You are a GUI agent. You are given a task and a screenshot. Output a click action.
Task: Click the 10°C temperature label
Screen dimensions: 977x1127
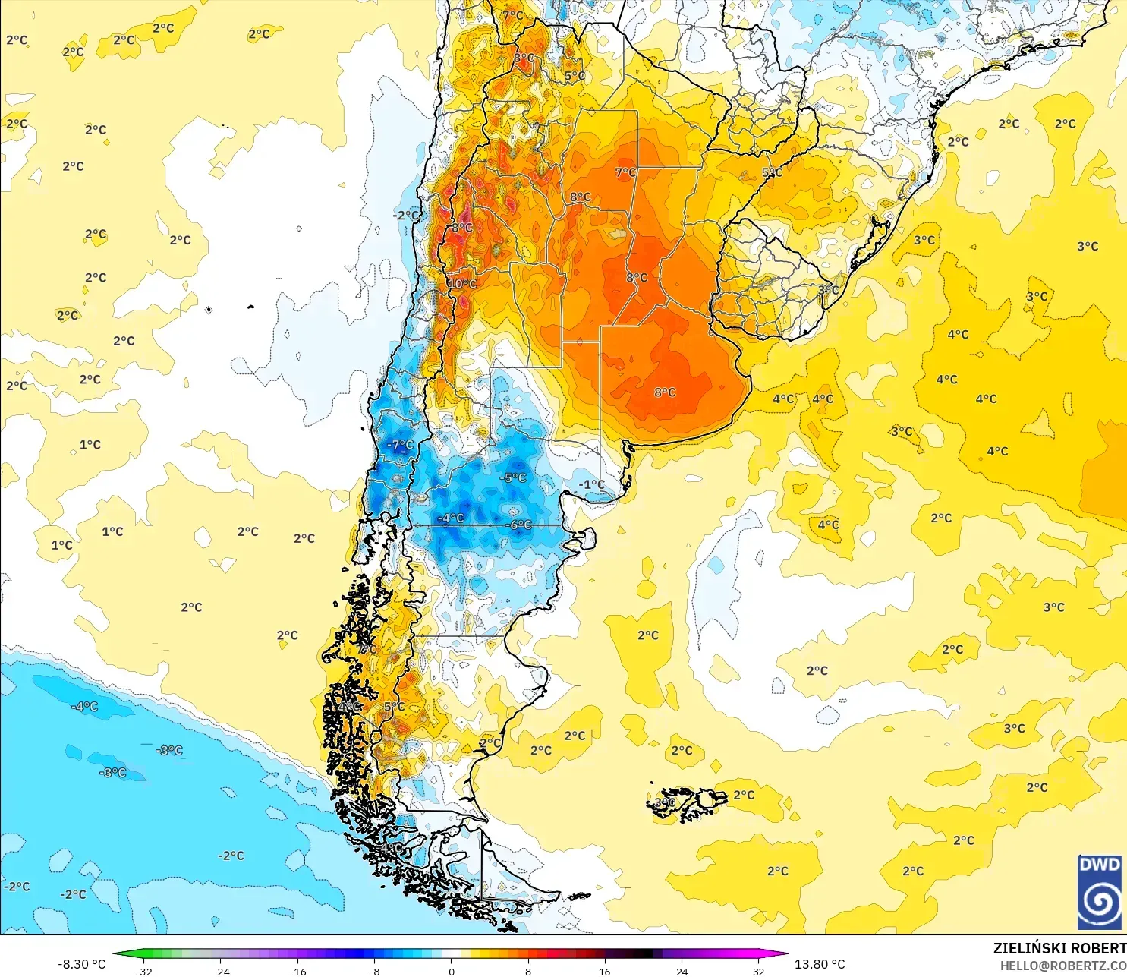pos(462,284)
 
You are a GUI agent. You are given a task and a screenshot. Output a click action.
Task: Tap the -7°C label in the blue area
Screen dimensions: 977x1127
pos(400,445)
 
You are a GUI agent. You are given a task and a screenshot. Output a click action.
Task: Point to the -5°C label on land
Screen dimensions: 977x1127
pos(513,478)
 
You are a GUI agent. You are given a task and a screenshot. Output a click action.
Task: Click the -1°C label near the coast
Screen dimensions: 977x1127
pos(592,484)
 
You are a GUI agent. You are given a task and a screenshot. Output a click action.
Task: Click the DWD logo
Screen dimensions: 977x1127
pos(1099,892)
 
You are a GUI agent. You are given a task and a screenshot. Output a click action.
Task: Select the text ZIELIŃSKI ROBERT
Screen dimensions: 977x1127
pos(1059,949)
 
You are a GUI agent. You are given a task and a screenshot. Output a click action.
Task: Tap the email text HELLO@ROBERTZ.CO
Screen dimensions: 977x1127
pos(1062,966)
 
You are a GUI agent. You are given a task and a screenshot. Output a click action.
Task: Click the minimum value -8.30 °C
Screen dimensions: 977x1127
pos(81,964)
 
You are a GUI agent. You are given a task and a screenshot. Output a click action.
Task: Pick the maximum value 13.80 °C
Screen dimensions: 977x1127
pos(820,964)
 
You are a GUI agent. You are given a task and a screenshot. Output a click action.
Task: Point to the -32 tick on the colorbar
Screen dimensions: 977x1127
pos(143,972)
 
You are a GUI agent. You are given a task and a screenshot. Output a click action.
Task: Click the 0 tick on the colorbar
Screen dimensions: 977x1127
pos(452,972)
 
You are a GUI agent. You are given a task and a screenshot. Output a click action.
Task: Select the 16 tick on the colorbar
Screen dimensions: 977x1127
pos(605,972)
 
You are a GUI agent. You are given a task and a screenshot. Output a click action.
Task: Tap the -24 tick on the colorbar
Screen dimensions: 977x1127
pos(220,972)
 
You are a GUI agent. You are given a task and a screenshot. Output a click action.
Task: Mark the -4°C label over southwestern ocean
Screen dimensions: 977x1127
pos(84,707)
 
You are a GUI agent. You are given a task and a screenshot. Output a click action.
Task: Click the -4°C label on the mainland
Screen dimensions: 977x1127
pos(451,518)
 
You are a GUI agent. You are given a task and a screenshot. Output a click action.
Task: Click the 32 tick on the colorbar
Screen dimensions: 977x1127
pos(758,972)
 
